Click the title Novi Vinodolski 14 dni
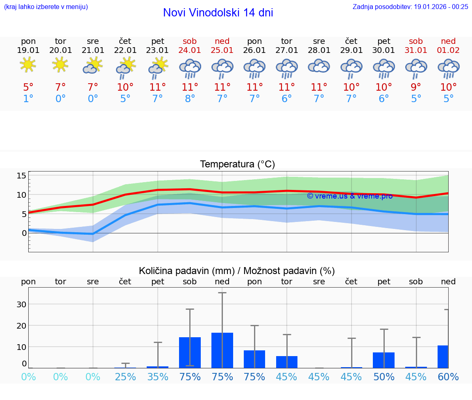[x=218, y=13]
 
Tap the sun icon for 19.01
[x=28, y=65]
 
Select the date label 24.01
[x=190, y=50]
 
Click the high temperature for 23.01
[x=157, y=87]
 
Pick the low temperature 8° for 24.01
[x=190, y=99]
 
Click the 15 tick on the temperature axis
[x=21, y=176]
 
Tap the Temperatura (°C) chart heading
[x=237, y=165]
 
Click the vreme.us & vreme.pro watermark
[x=349, y=196]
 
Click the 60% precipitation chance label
[x=448, y=377]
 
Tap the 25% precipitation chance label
[x=125, y=377]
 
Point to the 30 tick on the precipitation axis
[x=21, y=304]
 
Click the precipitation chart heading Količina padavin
[x=237, y=271]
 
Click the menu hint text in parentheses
[x=45, y=7]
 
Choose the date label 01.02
[x=448, y=50]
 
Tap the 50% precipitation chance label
[x=383, y=377]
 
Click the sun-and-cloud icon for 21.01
[x=93, y=66]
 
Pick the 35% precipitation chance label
[x=157, y=377]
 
